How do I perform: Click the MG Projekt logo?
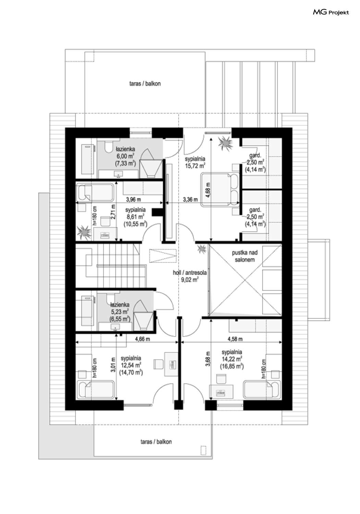pyautogui.click(x=331, y=12)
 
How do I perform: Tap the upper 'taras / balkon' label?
pyautogui.click(x=145, y=84)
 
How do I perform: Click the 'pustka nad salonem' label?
pyautogui.click(x=244, y=256)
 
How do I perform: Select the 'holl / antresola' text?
pyautogui.click(x=190, y=273)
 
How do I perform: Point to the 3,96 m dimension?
pyautogui.click(x=133, y=199)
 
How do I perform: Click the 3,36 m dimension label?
pyautogui.click(x=190, y=199)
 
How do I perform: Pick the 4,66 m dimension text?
pyautogui.click(x=142, y=339)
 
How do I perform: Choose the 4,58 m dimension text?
pyautogui.click(x=235, y=339)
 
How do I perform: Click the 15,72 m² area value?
pyautogui.click(x=195, y=166)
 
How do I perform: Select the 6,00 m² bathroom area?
pyautogui.click(x=125, y=156)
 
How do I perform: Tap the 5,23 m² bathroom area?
pyautogui.click(x=120, y=311)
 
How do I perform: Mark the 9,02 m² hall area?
pyautogui.click(x=190, y=280)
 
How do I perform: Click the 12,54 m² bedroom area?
pyautogui.click(x=131, y=365)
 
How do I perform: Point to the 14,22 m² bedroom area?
pyautogui.click(x=232, y=359)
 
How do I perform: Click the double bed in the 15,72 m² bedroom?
pyautogui.click(x=220, y=190)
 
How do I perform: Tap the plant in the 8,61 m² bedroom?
pyautogui.click(x=84, y=232)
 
